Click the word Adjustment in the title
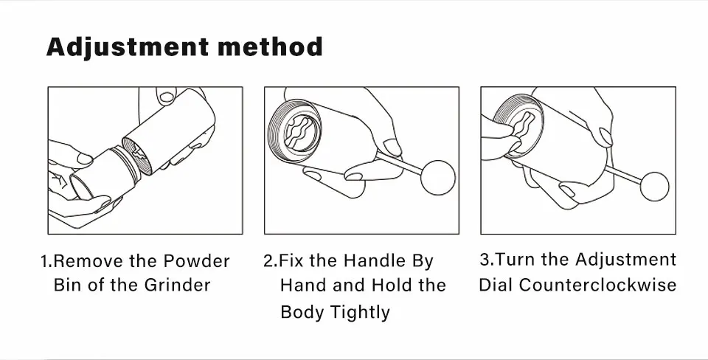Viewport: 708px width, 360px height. coord(128,47)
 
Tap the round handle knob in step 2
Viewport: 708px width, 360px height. coord(438,178)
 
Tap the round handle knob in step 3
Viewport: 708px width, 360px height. coord(655,187)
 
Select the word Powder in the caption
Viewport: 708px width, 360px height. coord(196,261)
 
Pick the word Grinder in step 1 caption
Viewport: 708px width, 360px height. coord(178,285)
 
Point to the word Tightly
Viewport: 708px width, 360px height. coord(359,313)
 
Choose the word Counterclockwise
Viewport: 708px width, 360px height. coord(597,285)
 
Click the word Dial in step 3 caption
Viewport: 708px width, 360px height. coord(496,285)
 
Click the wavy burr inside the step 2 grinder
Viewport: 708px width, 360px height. coord(302,131)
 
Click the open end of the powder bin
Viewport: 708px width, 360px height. coord(80,186)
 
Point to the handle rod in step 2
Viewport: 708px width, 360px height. coord(399,164)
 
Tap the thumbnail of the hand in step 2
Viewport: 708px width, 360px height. coord(392,148)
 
